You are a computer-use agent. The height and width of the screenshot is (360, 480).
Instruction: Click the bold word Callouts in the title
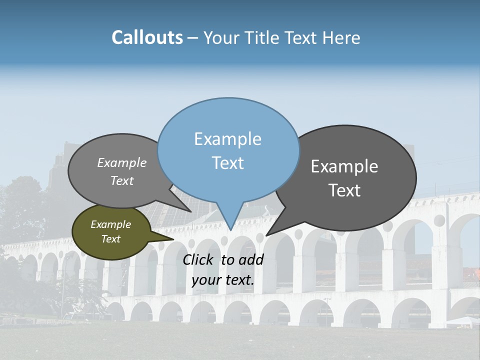click(147, 37)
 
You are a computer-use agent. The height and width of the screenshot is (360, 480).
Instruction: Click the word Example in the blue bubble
click(227, 139)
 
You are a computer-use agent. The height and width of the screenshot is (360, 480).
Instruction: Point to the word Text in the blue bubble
click(227, 163)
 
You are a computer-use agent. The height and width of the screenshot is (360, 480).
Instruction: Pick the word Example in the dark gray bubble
click(344, 166)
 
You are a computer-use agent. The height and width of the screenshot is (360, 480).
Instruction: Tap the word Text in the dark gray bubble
click(344, 190)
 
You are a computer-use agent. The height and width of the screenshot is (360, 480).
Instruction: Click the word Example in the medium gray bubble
click(122, 163)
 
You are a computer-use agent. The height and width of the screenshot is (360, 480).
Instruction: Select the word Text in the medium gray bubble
click(122, 180)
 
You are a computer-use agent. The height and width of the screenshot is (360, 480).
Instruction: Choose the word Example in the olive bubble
click(110, 224)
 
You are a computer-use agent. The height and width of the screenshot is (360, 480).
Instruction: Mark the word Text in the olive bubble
click(110, 239)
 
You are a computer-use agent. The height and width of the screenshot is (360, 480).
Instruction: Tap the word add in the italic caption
click(251, 259)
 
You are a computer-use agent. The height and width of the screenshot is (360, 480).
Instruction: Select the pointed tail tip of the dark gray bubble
click(266, 235)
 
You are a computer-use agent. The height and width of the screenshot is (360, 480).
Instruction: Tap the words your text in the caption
click(222, 280)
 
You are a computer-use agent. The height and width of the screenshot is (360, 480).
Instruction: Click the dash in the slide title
click(193, 38)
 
